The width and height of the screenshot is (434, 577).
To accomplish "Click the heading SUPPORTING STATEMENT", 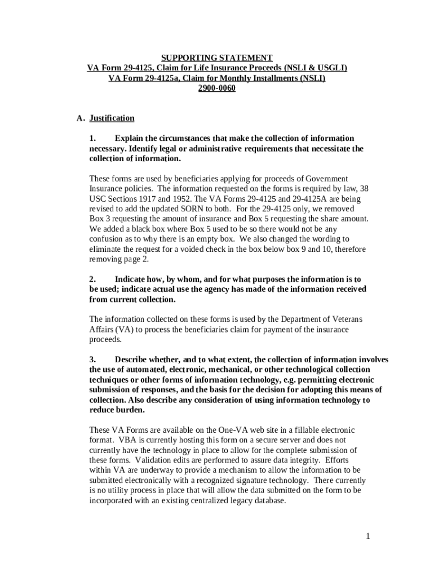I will (x=217, y=58).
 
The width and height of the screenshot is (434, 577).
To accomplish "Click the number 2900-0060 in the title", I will (x=217, y=88).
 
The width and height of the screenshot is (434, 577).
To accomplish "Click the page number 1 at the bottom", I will (x=367, y=536).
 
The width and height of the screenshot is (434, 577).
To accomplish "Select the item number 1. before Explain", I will (x=93, y=139).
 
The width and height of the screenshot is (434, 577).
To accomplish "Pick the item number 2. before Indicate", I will (x=93, y=279).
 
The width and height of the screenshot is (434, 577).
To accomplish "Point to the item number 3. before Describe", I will (x=93, y=359).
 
